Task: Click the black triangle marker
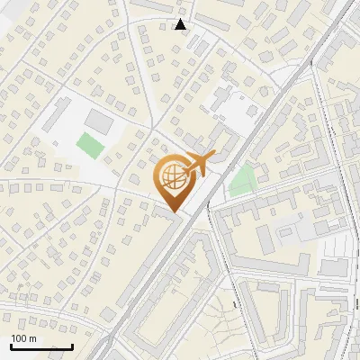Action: [181, 24]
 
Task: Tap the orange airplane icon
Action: [199, 163]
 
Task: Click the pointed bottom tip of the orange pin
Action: [172, 212]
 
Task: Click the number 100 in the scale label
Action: [19, 338]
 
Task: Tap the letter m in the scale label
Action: [33, 338]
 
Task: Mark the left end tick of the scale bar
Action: [11, 346]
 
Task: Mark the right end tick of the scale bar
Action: [72, 346]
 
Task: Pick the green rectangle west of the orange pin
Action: [89, 145]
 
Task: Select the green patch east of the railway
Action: [241, 181]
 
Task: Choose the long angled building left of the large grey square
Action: [56, 115]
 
